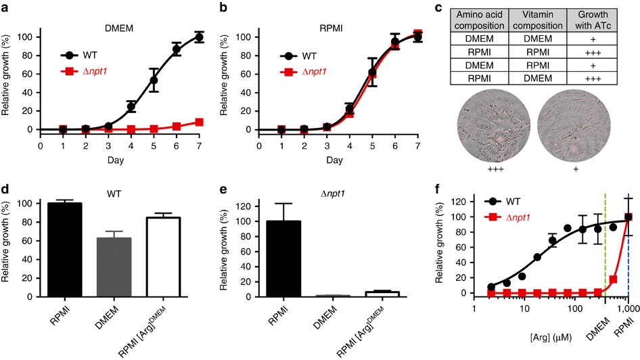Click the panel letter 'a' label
coord(6,9)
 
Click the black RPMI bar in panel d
coord(76,250)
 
